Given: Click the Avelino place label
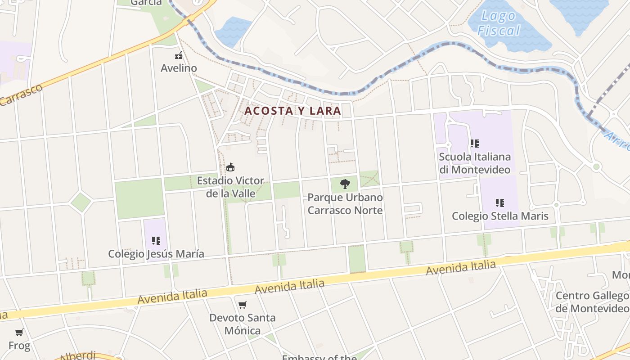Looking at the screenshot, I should tap(179, 68).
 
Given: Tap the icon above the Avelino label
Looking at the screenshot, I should tap(179, 56).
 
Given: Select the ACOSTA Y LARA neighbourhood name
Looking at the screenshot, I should tap(292, 111).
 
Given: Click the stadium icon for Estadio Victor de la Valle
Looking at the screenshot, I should tap(230, 167).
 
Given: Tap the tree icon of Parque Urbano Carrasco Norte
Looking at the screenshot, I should tap(345, 184).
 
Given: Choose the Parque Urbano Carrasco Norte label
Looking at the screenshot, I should tap(345, 204).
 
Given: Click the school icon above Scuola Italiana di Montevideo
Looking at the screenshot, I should tap(474, 144).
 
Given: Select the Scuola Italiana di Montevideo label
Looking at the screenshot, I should tap(475, 163).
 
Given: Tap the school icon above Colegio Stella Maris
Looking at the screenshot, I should tap(499, 203).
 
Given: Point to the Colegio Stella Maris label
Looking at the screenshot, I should tap(500, 216).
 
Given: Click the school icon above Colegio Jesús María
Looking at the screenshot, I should tap(156, 241).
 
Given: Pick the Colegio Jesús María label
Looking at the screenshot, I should tap(156, 254).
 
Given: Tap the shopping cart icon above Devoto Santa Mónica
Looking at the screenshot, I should tap(243, 305).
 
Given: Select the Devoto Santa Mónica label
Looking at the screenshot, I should tap(243, 324).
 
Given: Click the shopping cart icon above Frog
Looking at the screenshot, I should tap(19, 333).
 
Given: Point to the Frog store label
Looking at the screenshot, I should tap(19, 346).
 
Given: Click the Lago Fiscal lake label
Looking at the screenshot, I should tap(499, 23).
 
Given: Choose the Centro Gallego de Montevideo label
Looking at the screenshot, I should tap(592, 302).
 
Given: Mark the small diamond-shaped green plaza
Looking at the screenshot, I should tap(81, 202).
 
